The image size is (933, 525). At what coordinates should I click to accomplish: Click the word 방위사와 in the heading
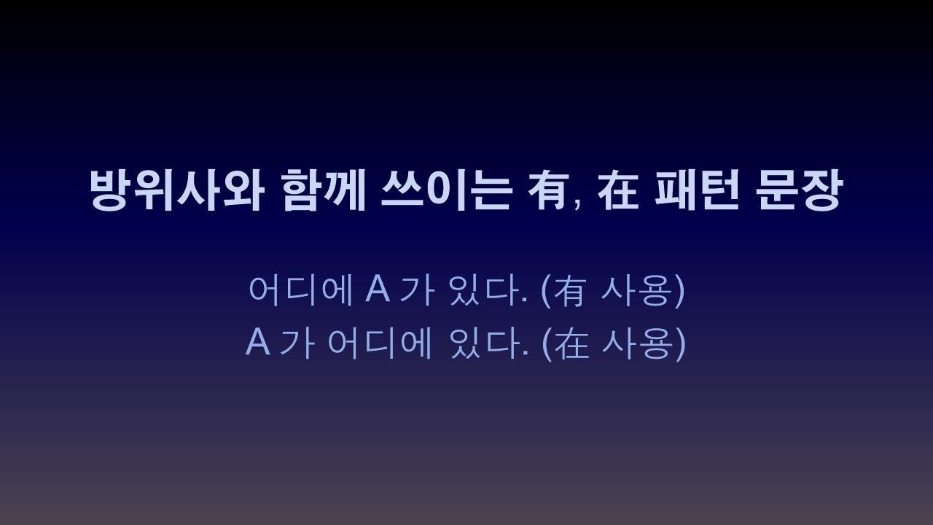[x=175, y=190]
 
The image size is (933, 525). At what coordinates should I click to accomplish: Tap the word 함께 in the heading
[x=323, y=190]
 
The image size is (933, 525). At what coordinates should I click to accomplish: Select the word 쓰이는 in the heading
[x=445, y=190]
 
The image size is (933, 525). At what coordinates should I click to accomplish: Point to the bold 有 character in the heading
[x=548, y=190]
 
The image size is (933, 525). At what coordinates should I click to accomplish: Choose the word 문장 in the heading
[x=800, y=190]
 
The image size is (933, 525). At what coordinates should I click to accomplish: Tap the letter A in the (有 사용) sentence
[x=378, y=289]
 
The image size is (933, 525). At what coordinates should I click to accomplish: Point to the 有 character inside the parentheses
[x=570, y=290]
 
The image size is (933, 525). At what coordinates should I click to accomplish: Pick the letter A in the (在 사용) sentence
[x=257, y=342]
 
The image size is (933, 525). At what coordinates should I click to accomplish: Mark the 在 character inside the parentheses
[x=571, y=343]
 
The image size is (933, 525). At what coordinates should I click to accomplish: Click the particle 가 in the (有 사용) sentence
[x=418, y=289]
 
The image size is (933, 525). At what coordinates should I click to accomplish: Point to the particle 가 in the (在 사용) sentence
[x=297, y=342]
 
